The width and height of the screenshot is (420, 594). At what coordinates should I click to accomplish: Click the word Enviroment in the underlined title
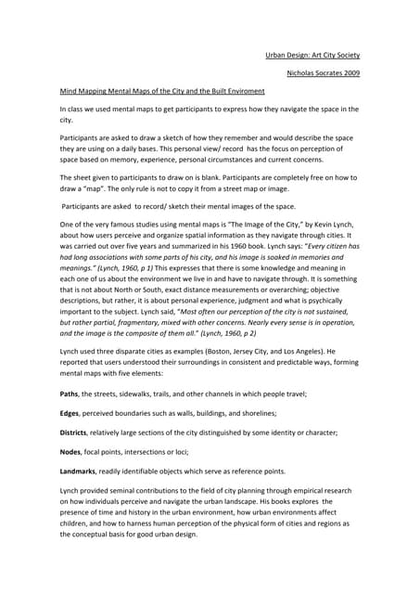pyautogui.click(x=240, y=92)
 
